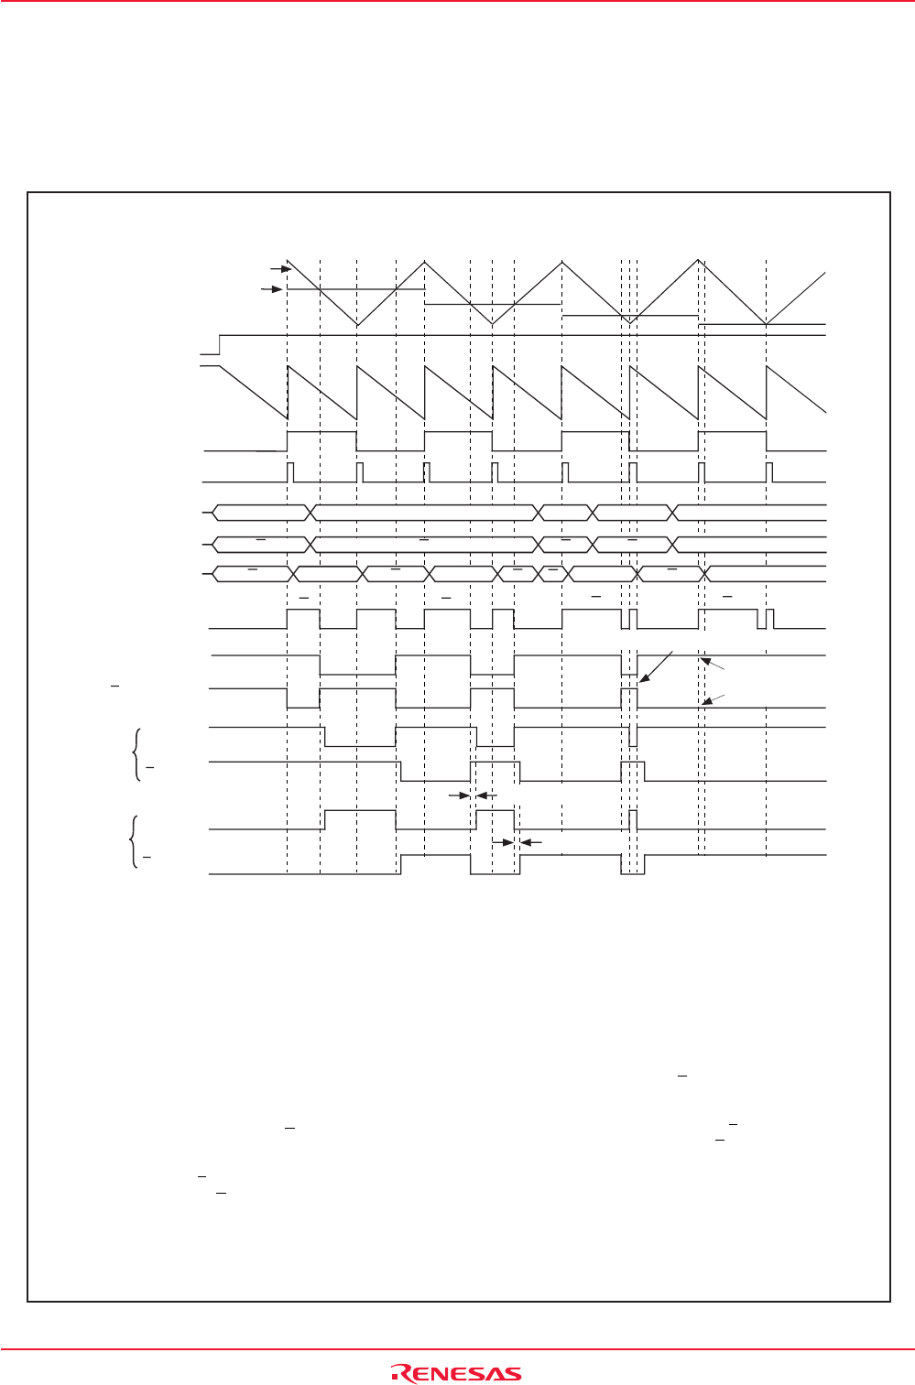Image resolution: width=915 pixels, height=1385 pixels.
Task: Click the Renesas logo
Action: [456, 1373]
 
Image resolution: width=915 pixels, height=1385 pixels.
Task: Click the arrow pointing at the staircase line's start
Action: [270, 289]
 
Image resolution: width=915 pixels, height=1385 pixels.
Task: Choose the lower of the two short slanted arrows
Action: [713, 699]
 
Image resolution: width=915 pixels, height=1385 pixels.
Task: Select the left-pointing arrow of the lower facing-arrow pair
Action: [531, 841]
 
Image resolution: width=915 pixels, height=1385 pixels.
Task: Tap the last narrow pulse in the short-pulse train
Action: [769, 472]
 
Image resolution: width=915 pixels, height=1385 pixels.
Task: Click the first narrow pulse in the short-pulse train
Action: [290, 472]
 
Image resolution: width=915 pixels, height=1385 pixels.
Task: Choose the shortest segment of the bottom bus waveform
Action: [552, 574]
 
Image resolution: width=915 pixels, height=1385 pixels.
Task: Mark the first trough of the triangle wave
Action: [356, 324]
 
